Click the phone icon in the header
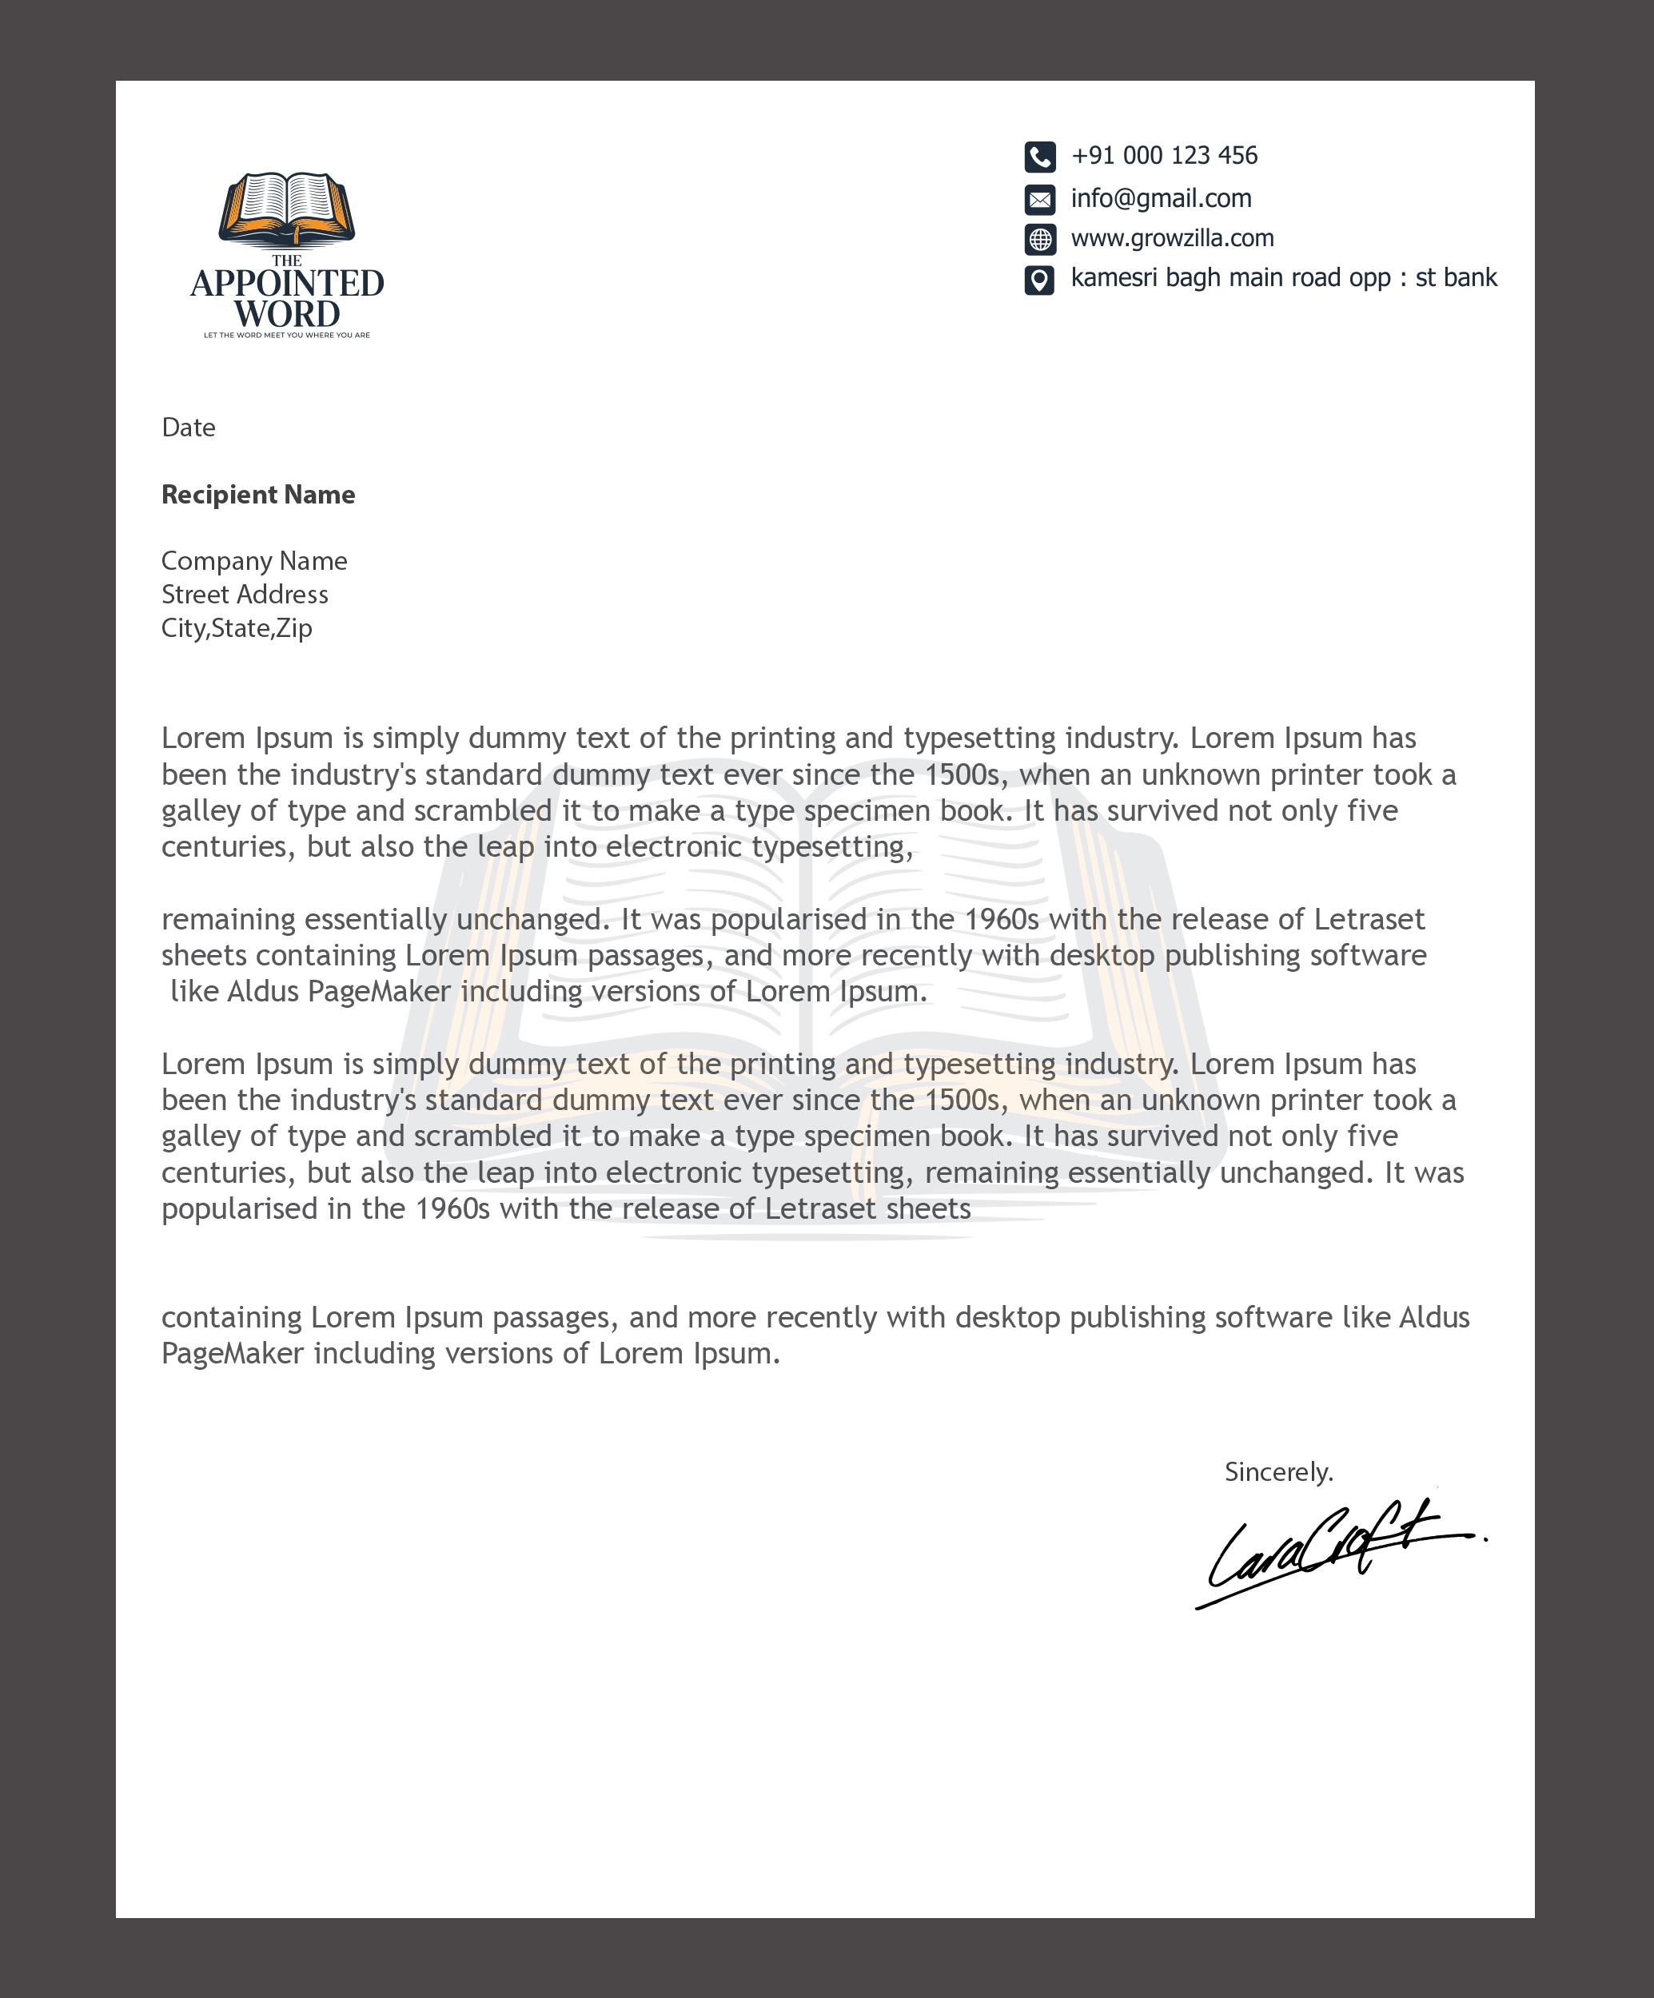[1039, 156]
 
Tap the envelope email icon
[1039, 199]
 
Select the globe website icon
[1039, 239]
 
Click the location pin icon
[1039, 280]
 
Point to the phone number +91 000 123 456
[1164, 155]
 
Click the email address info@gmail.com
[1161, 198]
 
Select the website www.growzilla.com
[1171, 238]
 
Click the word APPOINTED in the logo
[286, 284]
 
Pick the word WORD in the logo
[286, 314]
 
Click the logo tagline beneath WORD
[286, 335]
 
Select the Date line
[189, 428]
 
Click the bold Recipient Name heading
[258, 495]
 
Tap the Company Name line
[254, 560]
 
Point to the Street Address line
[245, 595]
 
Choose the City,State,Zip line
[237, 628]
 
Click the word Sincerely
[1278, 1472]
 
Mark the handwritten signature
[1333, 1550]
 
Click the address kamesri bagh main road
[1283, 278]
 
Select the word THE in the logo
[286, 261]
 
